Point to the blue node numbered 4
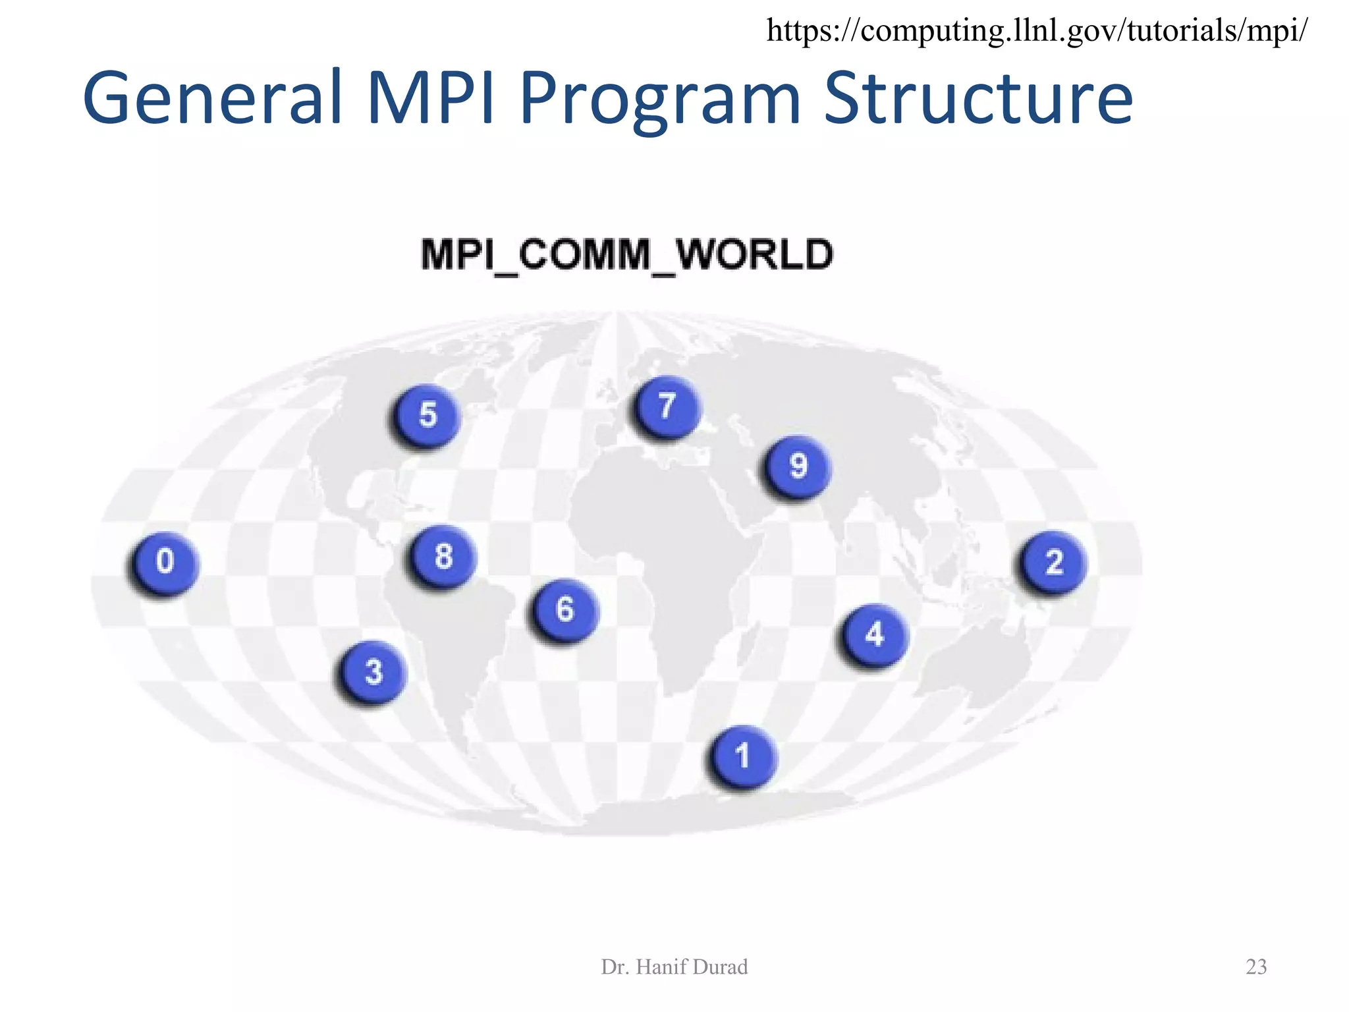click(874, 634)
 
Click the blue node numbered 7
click(667, 406)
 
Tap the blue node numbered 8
click(443, 556)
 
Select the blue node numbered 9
click(798, 466)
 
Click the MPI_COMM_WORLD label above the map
click(627, 255)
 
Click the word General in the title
click(212, 99)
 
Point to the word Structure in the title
click(978, 99)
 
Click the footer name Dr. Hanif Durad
click(674, 967)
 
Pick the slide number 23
click(1256, 967)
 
